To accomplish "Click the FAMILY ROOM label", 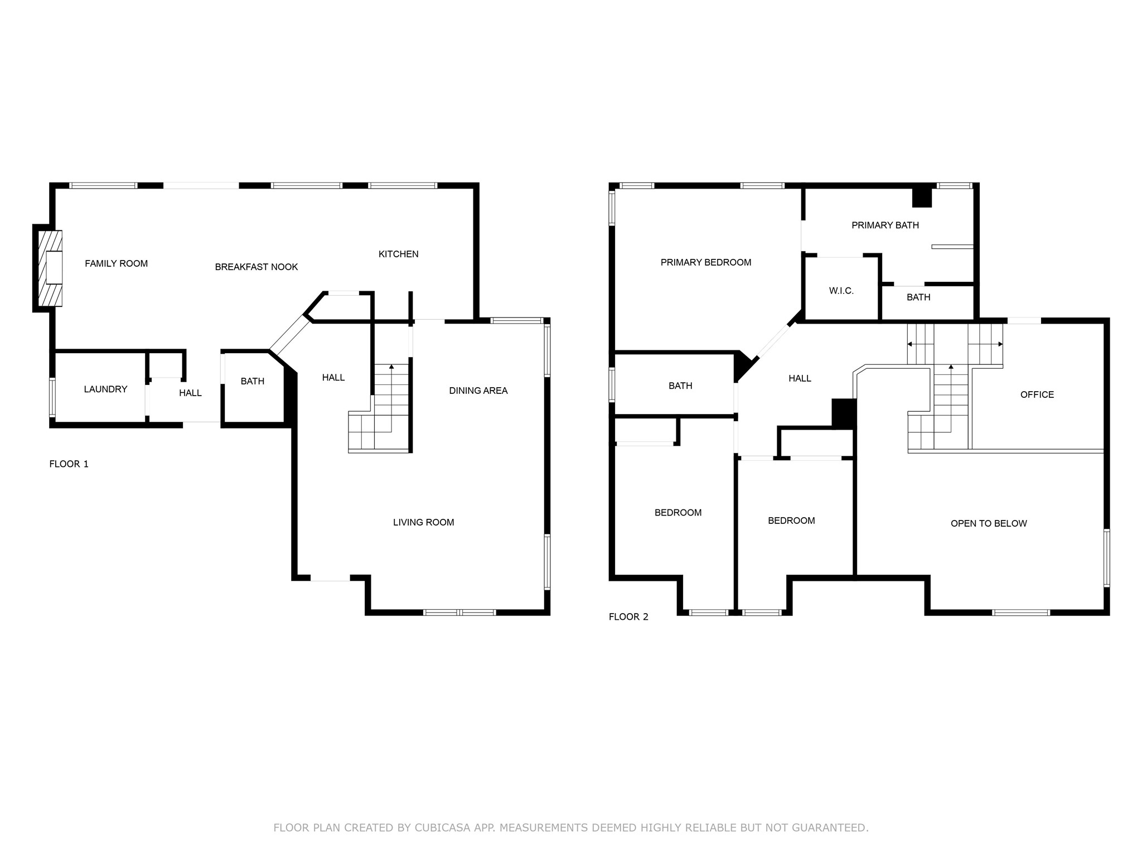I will click(116, 263).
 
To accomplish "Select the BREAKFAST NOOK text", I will click(256, 267).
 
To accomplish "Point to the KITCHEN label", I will click(398, 254).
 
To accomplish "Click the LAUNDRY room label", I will click(105, 389).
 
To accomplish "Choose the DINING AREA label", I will click(478, 391).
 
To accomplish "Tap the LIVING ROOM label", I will click(423, 522).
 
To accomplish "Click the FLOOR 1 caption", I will click(69, 464).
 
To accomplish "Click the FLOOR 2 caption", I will click(628, 617).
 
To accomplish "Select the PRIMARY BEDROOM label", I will click(705, 262).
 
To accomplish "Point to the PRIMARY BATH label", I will click(885, 225).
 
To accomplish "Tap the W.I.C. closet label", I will click(841, 291).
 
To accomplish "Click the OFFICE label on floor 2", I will click(1037, 394).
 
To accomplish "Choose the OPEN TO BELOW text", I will click(988, 523).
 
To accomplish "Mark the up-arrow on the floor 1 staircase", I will click(391, 367).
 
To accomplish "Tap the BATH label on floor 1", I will click(252, 381).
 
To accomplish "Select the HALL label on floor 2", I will click(799, 378).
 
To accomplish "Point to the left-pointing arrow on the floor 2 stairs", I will click(910, 344).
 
